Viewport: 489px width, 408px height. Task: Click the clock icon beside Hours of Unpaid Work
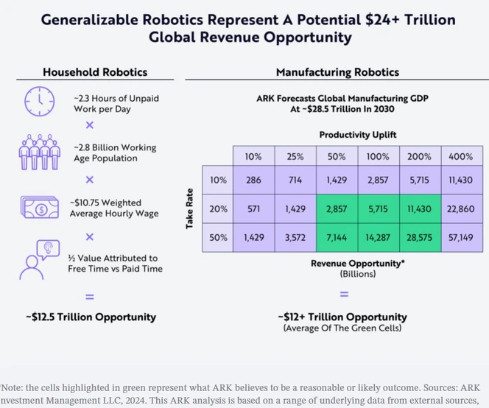coord(36,101)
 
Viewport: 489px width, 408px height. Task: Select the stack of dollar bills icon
coord(37,206)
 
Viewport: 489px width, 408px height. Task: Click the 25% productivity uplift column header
coord(295,155)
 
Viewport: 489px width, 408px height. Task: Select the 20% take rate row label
coord(217,210)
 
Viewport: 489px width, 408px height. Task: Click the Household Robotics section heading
coord(94,71)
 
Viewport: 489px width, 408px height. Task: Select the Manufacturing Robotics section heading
coord(337,71)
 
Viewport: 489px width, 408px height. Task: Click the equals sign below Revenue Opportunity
coord(344,294)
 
